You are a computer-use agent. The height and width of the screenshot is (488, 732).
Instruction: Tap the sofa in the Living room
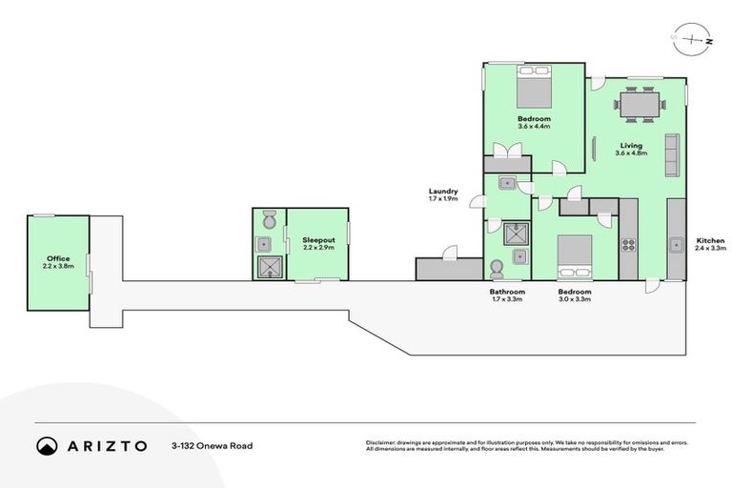(x=671, y=153)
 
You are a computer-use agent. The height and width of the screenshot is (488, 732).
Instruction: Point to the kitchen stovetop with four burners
(x=628, y=245)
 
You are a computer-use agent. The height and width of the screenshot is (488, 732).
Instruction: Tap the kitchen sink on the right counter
(x=676, y=244)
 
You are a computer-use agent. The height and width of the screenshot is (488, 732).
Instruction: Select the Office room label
(x=57, y=258)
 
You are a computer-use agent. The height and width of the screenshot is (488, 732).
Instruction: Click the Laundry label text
(x=443, y=191)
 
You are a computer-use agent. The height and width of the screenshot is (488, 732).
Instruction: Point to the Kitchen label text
(x=710, y=239)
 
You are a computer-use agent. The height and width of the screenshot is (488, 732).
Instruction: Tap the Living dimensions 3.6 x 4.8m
(x=631, y=153)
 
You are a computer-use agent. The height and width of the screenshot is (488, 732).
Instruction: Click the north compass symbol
(x=696, y=39)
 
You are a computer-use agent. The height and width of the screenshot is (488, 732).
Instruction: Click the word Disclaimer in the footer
(x=381, y=442)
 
